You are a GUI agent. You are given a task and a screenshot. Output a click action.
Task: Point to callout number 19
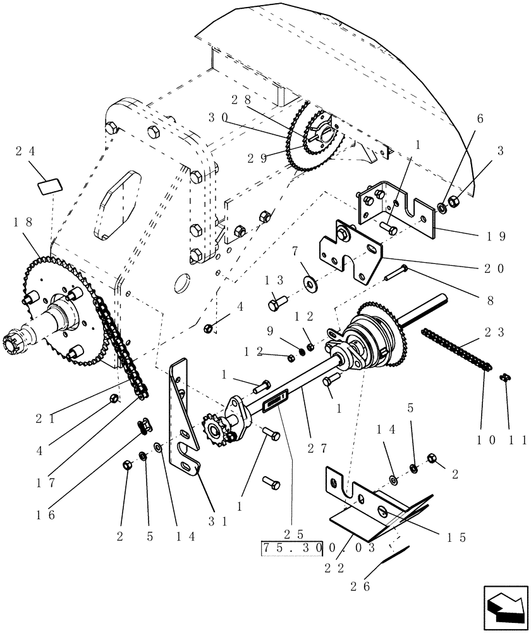[496, 236]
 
